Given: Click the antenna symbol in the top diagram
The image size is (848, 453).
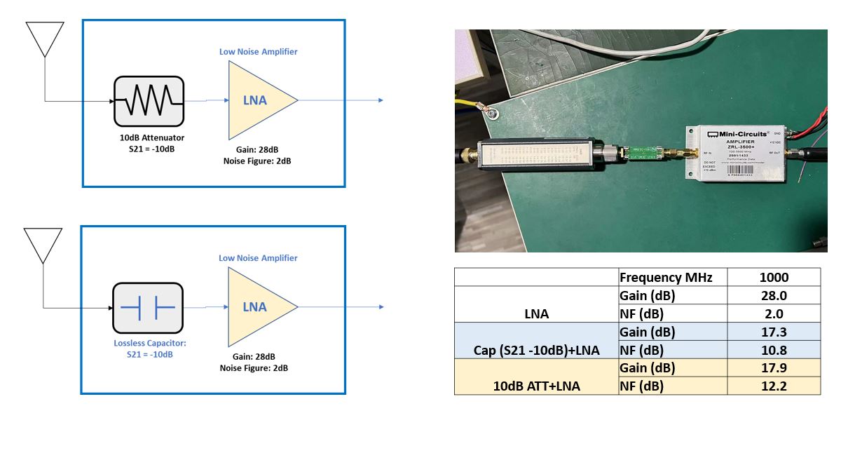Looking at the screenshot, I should [45, 39].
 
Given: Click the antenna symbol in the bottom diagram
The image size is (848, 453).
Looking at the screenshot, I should [43, 245].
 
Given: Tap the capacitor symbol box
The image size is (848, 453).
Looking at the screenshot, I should [148, 307].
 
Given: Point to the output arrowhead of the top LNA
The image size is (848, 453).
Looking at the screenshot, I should [381, 100].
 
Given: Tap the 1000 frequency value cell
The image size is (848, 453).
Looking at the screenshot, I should [774, 277].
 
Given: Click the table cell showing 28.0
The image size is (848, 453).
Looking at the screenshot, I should [774, 295].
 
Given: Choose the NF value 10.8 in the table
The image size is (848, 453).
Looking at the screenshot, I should [774, 350].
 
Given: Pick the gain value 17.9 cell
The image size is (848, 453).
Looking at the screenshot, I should [774, 368].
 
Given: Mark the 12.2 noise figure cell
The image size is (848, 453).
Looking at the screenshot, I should [774, 386].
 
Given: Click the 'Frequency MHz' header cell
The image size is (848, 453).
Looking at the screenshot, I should [666, 277].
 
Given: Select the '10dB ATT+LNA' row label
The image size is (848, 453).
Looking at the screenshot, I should [536, 386].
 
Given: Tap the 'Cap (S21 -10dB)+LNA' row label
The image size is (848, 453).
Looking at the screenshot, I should [536, 350].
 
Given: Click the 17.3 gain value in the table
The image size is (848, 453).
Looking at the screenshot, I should [774, 332].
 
